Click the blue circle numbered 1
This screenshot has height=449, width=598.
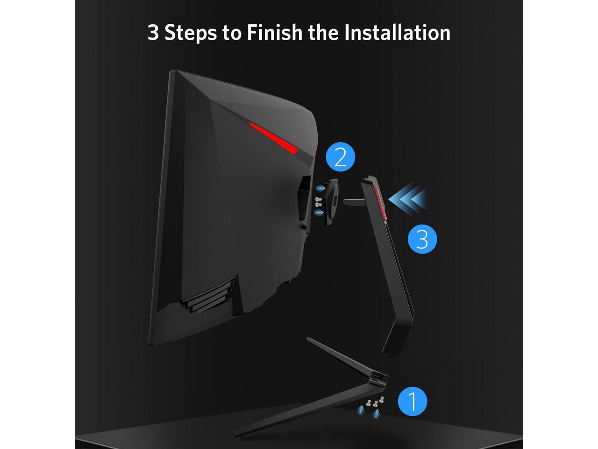(413, 401)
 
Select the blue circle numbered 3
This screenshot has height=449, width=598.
(422, 239)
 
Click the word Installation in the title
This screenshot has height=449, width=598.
(397, 33)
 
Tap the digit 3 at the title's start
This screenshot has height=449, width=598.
(153, 33)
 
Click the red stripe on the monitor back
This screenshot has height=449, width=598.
(274, 138)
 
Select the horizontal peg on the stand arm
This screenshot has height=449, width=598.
(354, 202)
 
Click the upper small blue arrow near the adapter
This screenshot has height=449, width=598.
(320, 188)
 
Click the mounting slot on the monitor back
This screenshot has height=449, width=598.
(304, 201)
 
